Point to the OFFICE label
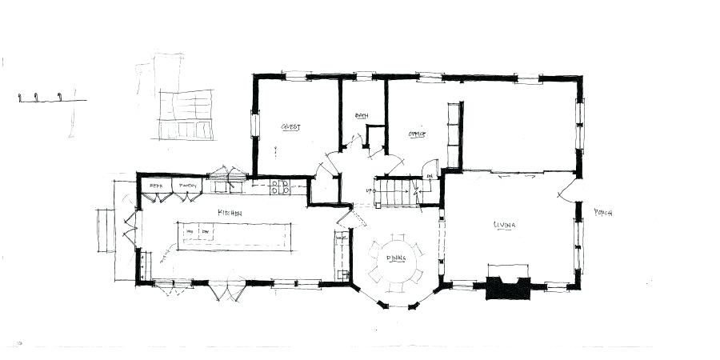[416, 134]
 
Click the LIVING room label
[504, 225]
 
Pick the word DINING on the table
[395, 258]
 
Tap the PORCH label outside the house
[602, 213]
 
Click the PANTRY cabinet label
[187, 186]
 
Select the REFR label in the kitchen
[156, 186]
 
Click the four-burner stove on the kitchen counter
[280, 186]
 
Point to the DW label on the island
[205, 232]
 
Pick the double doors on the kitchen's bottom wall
[223, 289]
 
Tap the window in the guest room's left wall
[255, 126]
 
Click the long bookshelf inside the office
[454, 134]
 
